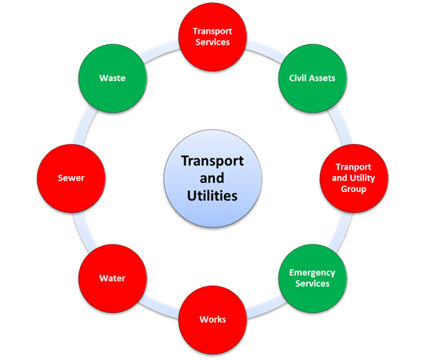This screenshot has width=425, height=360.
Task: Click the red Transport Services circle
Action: [x=213, y=37]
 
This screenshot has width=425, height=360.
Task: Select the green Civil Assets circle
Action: [x=313, y=79]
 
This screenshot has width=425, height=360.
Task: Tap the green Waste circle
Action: [x=112, y=79]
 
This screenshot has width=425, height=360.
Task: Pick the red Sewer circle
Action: [x=71, y=178]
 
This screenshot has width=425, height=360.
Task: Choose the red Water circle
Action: [x=112, y=278]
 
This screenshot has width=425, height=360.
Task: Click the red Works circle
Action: [x=213, y=319]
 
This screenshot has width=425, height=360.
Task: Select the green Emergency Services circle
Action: [x=313, y=278]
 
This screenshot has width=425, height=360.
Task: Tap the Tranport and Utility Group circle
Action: [x=354, y=178]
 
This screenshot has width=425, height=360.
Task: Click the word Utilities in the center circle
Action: [x=212, y=196]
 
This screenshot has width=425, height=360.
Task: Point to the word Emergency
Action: [x=313, y=273]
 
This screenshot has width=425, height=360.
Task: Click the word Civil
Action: [x=295, y=78]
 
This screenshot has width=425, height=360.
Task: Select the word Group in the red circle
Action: [x=354, y=189]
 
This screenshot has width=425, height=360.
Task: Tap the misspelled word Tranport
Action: [x=354, y=166]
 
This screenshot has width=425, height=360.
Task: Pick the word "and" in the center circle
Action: [x=212, y=178]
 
